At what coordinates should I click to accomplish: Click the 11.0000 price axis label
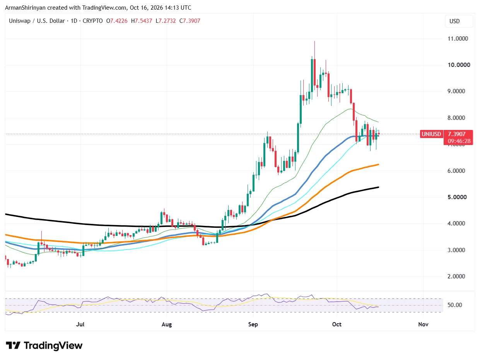point(458,39)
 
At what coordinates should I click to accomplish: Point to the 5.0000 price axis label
point(457,197)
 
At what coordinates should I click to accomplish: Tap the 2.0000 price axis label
point(456,276)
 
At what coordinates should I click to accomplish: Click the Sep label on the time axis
point(253,324)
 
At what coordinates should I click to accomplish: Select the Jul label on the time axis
point(80,324)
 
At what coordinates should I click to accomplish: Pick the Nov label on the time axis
point(423,324)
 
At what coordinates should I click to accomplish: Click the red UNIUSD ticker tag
point(431,134)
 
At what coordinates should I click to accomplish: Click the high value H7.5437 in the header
point(142,21)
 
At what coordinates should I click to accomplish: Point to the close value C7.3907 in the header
point(190,21)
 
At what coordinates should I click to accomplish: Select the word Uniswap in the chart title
point(20,21)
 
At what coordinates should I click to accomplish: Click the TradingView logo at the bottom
point(44,346)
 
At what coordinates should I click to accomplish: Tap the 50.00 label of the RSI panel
point(454,305)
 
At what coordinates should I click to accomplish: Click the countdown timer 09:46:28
point(459,141)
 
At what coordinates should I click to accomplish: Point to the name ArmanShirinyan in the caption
point(26,8)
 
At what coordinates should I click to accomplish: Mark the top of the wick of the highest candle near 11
point(314,41)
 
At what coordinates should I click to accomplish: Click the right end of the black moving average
point(378,187)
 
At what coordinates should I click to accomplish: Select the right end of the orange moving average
point(378,164)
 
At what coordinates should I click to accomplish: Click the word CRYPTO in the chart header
point(92,21)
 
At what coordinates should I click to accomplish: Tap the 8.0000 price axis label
point(456,118)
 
